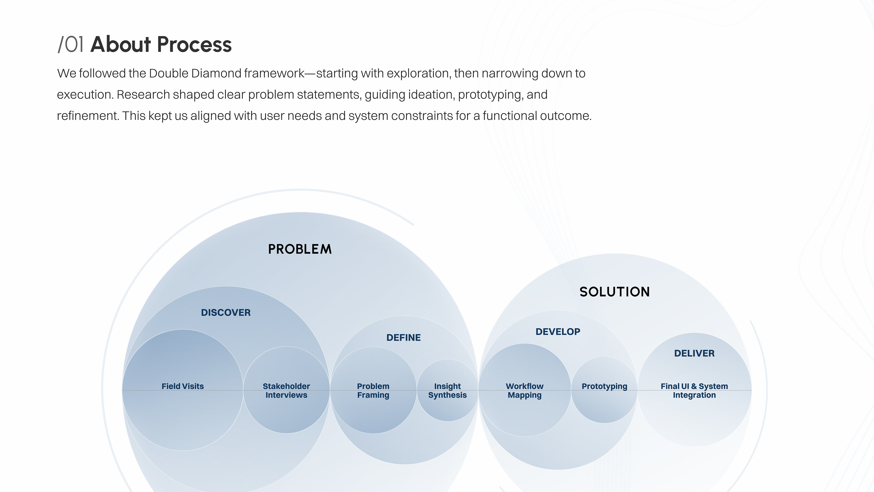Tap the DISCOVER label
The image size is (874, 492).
[226, 313]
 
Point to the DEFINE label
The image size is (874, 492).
[403, 338]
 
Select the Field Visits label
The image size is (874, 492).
[183, 386]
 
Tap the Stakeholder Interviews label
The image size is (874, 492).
[286, 390]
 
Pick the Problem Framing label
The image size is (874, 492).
[373, 390]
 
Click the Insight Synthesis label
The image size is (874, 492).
[447, 390]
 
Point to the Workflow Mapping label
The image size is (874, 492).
[525, 390]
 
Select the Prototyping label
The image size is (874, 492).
[604, 386]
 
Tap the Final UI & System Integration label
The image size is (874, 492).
[694, 390]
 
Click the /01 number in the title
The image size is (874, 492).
[71, 44]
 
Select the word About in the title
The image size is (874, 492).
[120, 44]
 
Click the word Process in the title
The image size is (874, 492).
[194, 44]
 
